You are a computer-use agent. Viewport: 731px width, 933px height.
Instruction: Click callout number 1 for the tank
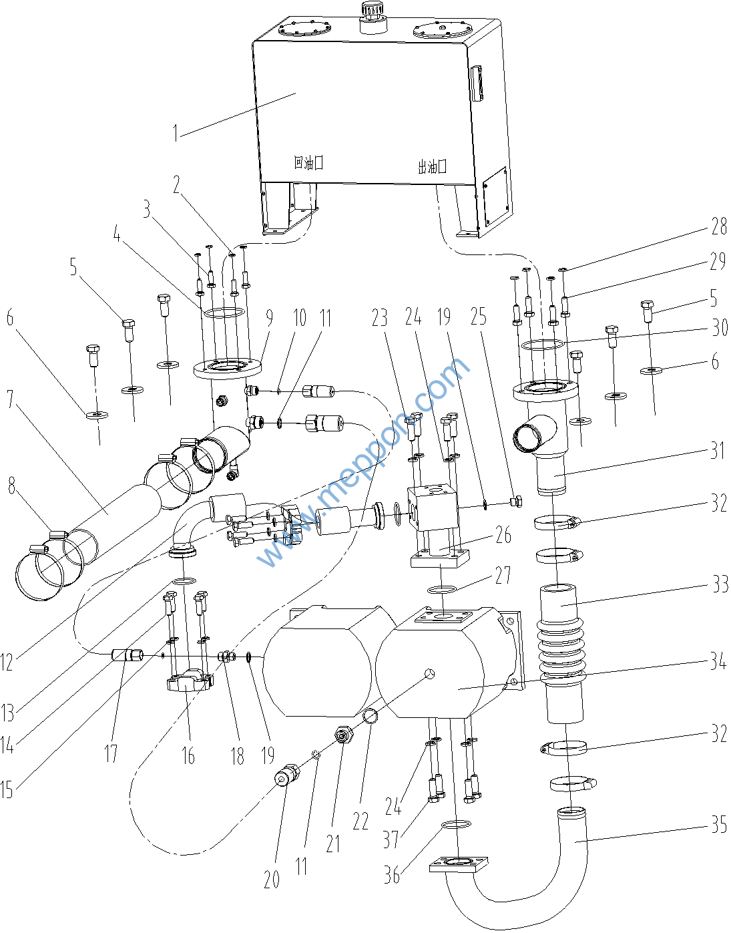click(x=176, y=132)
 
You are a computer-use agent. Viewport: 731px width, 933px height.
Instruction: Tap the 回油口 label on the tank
click(x=308, y=162)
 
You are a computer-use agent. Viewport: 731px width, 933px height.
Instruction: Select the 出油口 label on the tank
click(x=432, y=167)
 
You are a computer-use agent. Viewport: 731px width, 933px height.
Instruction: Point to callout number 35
click(x=718, y=825)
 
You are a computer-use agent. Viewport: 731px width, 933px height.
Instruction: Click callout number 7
click(x=9, y=399)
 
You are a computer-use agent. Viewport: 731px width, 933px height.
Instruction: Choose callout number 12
click(x=7, y=661)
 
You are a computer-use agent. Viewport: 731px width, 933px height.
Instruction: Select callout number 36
click(x=392, y=874)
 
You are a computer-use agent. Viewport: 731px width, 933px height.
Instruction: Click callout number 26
click(x=503, y=534)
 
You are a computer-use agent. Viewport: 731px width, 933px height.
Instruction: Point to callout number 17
click(x=111, y=753)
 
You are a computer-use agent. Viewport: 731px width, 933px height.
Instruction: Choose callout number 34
click(x=718, y=663)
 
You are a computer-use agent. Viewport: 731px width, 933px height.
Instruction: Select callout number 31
click(x=718, y=450)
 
